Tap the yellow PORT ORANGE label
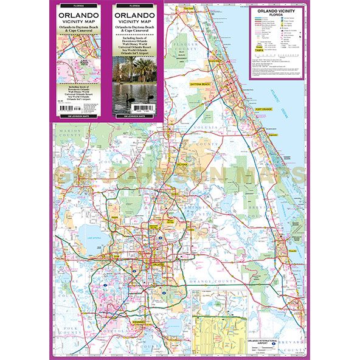pos(265,110)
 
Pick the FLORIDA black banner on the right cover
pos(133,3)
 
